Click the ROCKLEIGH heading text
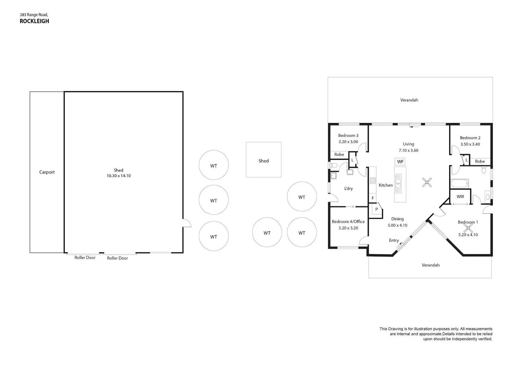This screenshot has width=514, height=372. coord(34,21)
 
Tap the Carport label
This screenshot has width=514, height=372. coord(47,172)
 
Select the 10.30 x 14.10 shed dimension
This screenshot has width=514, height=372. coord(119,176)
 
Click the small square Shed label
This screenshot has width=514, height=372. coord(264,161)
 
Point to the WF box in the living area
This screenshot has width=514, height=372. coord(400,162)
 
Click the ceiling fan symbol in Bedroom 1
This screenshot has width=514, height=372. coord(468,228)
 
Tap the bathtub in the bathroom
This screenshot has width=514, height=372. coord(460,184)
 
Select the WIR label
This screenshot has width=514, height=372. coord(460,197)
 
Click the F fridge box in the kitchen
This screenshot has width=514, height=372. coord(373,198)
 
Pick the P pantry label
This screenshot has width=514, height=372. coord(376,209)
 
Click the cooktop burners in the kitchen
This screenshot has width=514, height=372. coord(373,181)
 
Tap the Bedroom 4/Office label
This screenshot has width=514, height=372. coord(348,222)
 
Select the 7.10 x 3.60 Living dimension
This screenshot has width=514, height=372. coord(408,151)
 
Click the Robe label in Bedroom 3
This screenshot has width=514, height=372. coord(339,155)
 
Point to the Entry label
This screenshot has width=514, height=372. coord(394,240)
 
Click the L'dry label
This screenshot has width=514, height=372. coord(348,189)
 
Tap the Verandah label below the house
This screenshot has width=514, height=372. coord(430,265)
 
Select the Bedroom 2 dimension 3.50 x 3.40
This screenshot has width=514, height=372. coord(470,144)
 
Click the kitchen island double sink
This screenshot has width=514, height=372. coord(398,184)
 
